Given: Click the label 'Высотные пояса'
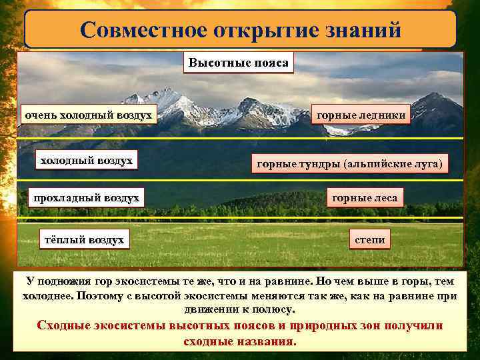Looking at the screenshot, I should [238, 63].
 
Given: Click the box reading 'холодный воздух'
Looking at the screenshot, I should [86, 161].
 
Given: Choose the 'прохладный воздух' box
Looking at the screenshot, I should [87, 197].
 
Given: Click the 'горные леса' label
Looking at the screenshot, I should [365, 197].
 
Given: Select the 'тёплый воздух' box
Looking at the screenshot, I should [83, 239].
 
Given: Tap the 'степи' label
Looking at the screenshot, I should [369, 239].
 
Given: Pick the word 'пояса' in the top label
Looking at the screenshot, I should [271, 63].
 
